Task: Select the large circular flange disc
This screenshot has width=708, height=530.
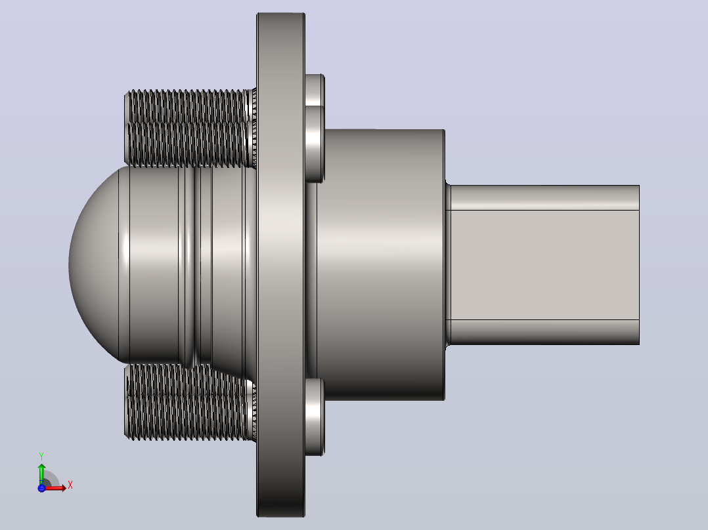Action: (x=280, y=265)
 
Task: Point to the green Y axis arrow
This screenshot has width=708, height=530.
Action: (x=41, y=473)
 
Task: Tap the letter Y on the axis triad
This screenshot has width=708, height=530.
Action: (x=41, y=457)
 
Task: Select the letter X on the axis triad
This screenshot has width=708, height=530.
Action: (x=70, y=485)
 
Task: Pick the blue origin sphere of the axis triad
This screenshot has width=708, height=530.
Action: (x=41, y=487)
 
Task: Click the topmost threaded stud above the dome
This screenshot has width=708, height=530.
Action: (x=190, y=106)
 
